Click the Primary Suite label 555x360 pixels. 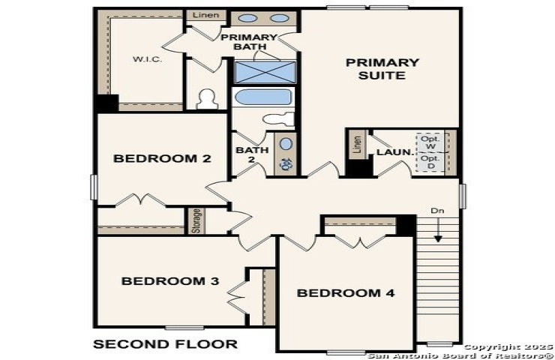click(382, 69)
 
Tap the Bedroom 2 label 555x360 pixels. click(162, 158)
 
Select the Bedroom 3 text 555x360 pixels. click(170, 281)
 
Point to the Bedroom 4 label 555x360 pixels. click(346, 293)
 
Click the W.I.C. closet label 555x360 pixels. click(147, 59)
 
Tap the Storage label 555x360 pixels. click(196, 221)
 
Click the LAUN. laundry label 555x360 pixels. click(395, 152)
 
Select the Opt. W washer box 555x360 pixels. click(430, 142)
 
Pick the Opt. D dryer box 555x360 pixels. click(430, 162)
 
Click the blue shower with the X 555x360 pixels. click(265, 72)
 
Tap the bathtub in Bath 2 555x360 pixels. click(263, 97)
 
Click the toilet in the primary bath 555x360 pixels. click(207, 100)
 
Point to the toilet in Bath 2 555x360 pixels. click(279, 119)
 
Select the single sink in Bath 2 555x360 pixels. click(286, 144)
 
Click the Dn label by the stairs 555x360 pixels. click(437, 211)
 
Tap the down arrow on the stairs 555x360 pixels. click(438, 230)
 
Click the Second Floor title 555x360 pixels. click(165, 344)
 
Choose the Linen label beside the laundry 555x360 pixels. click(358, 145)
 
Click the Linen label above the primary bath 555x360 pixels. click(206, 15)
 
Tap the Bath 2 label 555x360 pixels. click(252, 154)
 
